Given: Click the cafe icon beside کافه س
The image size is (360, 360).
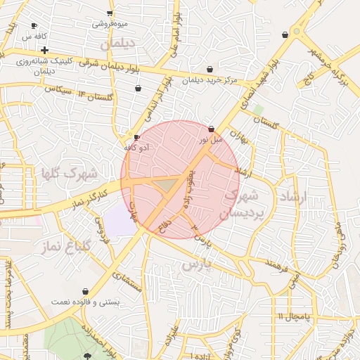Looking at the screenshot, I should pyautogui.click(x=34, y=26).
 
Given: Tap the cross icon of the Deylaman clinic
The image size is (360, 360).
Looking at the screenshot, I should pyautogui.click(x=44, y=50).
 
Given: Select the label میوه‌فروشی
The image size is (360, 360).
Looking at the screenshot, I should pyautogui.click(x=110, y=24).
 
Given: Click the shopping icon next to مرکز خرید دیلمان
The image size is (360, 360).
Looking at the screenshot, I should pyautogui.click(x=210, y=69).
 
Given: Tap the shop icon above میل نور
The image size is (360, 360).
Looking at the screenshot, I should pyautogui.click(x=212, y=129).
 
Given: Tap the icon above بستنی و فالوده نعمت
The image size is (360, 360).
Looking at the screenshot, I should pyautogui.click(x=85, y=291).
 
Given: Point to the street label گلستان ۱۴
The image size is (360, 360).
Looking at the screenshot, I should pyautogui.click(x=98, y=96).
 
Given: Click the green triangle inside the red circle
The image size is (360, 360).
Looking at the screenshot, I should pyautogui.click(x=165, y=184).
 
